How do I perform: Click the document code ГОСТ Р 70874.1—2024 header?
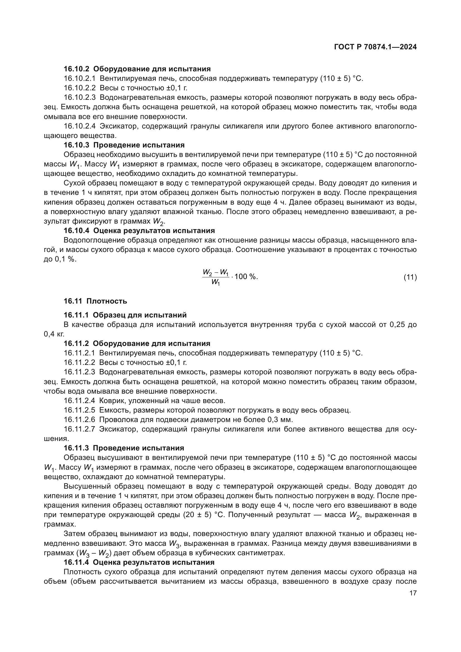click(375, 47)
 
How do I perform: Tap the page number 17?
click(413, 593)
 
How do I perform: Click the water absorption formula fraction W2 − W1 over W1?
click(216, 277)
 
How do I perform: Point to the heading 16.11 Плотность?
click(95, 301)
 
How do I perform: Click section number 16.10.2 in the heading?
click(76, 69)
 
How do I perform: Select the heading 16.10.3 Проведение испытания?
click(124, 145)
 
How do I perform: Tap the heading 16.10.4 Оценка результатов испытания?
click(139, 231)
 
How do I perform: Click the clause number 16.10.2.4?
click(80, 126)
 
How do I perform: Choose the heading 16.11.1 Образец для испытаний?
click(125, 315)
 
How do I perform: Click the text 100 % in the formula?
click(246, 277)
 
